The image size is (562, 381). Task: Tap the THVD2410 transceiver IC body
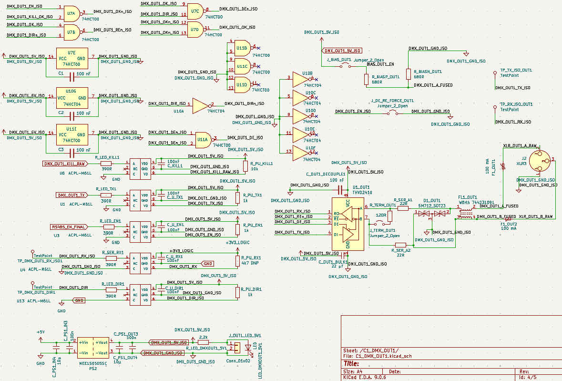tap(348, 224)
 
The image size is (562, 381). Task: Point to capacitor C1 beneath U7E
tap(72, 76)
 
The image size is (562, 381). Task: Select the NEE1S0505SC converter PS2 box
tap(93, 347)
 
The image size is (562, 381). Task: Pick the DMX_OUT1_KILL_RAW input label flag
tap(65, 164)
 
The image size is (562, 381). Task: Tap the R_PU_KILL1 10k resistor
tap(245, 166)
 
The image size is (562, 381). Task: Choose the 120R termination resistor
tap(390, 216)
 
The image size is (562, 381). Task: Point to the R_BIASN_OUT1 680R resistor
tap(408, 74)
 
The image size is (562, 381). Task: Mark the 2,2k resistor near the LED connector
tap(203, 342)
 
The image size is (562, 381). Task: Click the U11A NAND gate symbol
tap(202, 139)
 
